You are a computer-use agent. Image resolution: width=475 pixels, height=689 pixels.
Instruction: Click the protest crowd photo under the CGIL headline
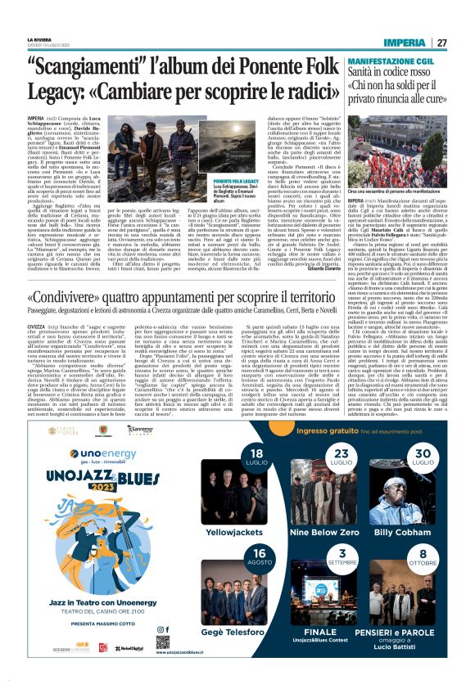(x=393, y=147)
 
